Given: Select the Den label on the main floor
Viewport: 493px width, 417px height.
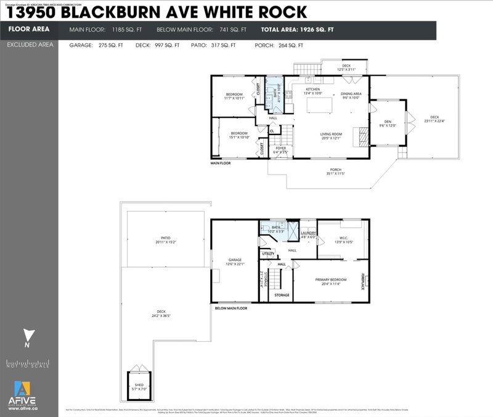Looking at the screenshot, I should click(388, 122).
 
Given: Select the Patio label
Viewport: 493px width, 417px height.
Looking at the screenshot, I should click(165, 240).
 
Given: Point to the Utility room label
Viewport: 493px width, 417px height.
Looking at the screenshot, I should click(268, 254).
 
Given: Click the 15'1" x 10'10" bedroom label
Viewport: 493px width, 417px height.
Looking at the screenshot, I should click(238, 136).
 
